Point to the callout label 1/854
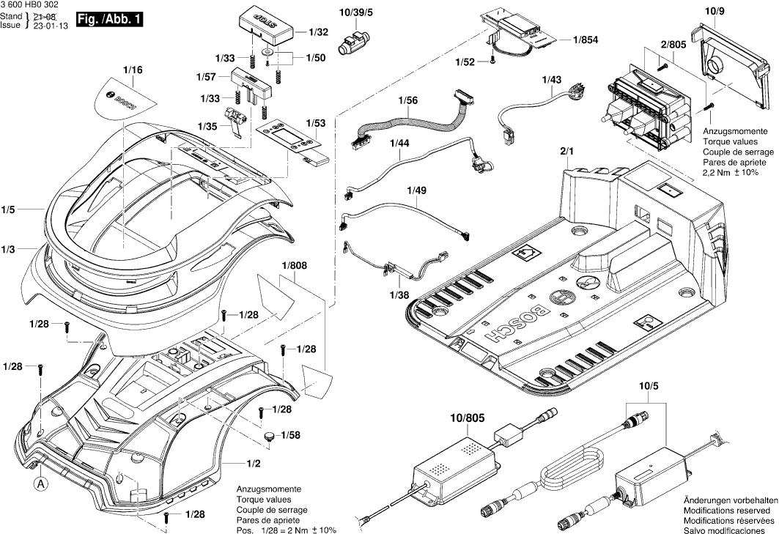coord(586,41)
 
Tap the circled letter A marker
coord(41,483)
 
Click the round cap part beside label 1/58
coord(269,437)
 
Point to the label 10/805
coord(468,418)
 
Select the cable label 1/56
coord(408,100)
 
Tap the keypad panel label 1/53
coord(317,123)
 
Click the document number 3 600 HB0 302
coord(29,5)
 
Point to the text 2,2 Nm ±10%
coord(733,173)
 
